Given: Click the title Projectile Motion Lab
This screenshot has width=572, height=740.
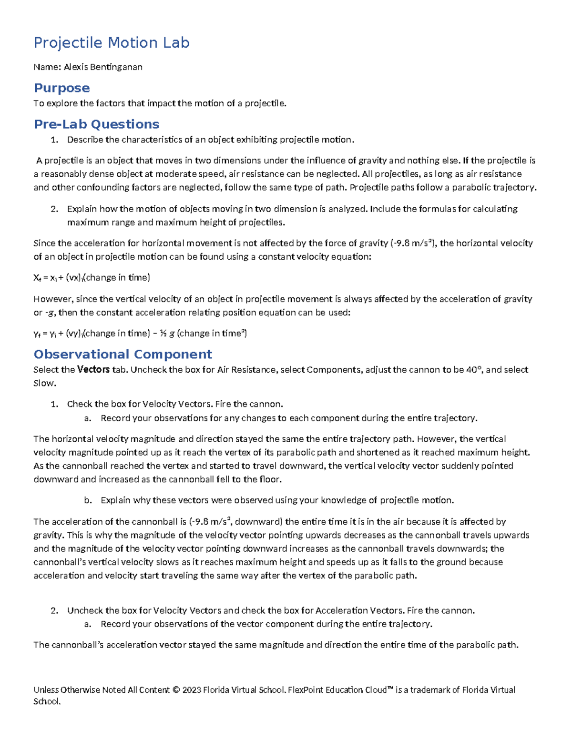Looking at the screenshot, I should [112, 43].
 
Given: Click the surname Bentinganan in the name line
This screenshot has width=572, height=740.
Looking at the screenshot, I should [117, 67].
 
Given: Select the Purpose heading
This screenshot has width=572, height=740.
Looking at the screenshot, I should [61, 88].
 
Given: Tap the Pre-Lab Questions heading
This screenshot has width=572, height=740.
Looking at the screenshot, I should [96, 124].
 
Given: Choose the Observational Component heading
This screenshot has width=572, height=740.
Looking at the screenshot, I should [123, 355].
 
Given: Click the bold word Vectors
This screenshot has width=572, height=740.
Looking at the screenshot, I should [93, 370].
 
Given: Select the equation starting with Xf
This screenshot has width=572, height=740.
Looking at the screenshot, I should [92, 278].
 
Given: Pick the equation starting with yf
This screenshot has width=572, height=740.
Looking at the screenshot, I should [140, 334].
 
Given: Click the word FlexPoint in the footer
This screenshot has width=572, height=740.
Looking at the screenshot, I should [306, 690].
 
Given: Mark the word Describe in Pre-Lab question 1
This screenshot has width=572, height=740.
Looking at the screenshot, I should [85, 140].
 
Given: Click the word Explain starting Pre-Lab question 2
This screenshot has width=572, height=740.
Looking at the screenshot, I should [82, 209].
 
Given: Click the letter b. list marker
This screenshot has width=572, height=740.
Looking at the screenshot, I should [87, 501].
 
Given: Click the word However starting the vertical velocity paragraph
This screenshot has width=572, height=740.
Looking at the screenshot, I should [53, 299].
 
